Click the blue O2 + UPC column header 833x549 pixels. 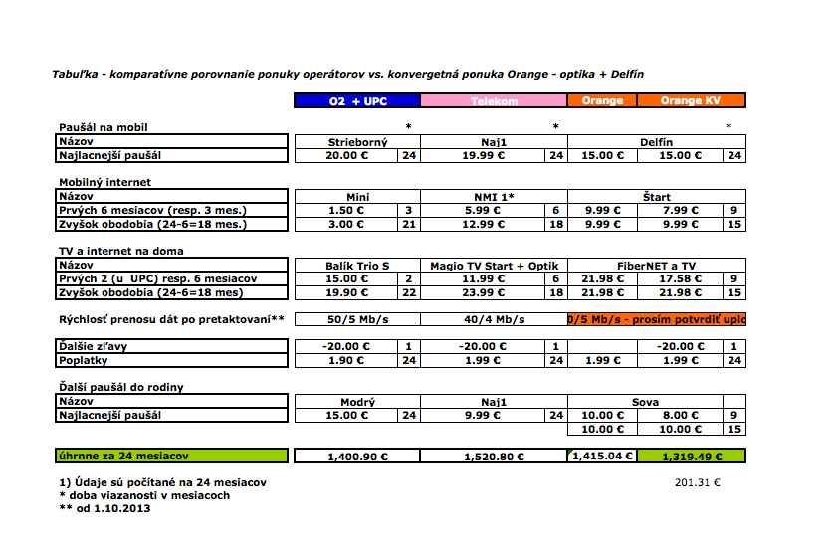[357, 100]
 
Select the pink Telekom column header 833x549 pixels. [494, 100]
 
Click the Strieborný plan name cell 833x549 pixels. [357, 142]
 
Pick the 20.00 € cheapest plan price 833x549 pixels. [347, 155]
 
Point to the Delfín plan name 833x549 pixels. [655, 142]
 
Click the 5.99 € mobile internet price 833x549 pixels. [483, 211]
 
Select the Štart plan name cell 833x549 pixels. [655, 197]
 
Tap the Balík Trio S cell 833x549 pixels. [357, 266]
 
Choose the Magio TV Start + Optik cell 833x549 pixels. [494, 266]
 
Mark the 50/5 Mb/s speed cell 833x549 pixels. [357, 319]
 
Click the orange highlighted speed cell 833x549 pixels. [656, 319]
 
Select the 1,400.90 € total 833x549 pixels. [357, 457]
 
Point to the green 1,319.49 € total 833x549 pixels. [690, 457]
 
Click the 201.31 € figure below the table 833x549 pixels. [697, 482]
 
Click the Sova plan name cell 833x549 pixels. [645, 402]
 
